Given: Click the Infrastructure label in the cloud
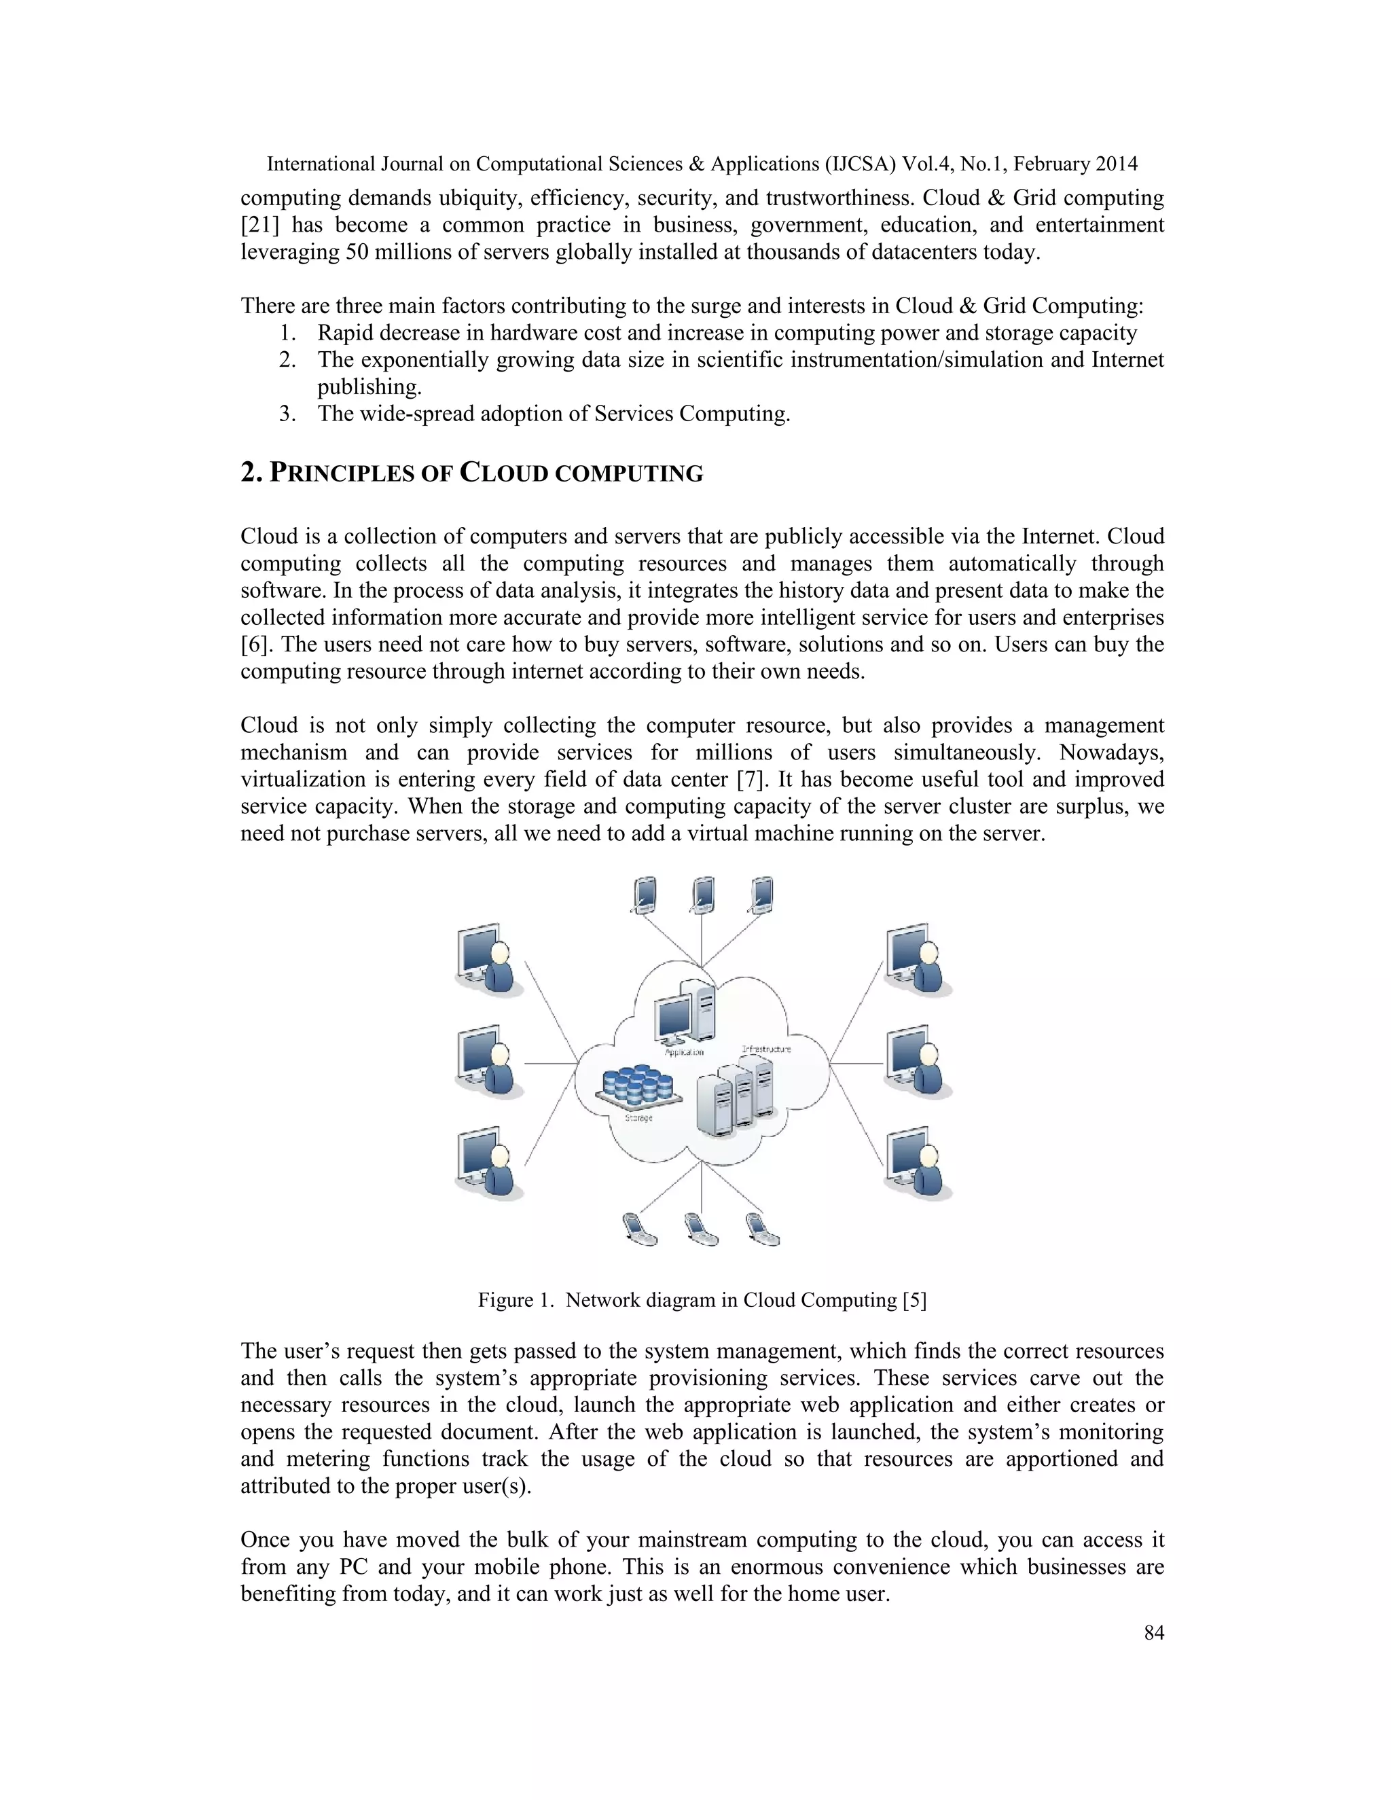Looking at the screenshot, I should pyautogui.click(x=766, y=1049).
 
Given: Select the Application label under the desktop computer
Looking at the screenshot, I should pyautogui.click(x=684, y=1052).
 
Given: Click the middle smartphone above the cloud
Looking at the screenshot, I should pyautogui.click(x=703, y=896).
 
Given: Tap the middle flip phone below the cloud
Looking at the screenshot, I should pyautogui.click(x=701, y=1229).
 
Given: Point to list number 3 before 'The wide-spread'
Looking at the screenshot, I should pyautogui.click(x=286, y=414).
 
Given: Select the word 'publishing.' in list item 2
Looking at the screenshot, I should pyautogui.click(x=369, y=387).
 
